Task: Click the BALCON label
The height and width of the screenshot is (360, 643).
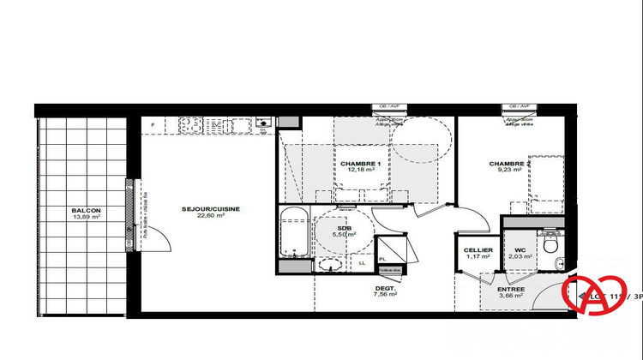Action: coord(86,210)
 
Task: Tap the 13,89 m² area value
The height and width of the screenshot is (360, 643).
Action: coord(86,218)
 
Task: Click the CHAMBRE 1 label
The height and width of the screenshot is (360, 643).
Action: coord(360,163)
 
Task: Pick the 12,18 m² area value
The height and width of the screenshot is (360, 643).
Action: coord(360,170)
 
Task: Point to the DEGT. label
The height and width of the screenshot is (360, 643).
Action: coord(385,287)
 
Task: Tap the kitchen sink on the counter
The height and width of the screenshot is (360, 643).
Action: coord(264,123)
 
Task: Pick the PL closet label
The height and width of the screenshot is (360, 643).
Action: coord(382,258)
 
